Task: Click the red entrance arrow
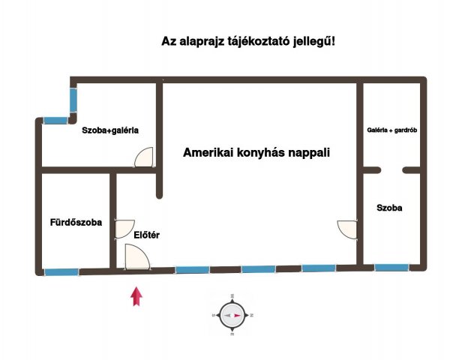[136, 296]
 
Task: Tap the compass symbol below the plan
[233, 315]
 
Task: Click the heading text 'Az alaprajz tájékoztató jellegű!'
[248, 41]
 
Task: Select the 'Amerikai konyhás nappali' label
[256, 151]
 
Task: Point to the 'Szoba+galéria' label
[109, 130]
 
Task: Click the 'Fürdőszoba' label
[76, 222]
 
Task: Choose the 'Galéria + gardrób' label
[391, 130]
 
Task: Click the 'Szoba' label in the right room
[389, 208]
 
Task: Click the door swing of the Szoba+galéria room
[145, 157]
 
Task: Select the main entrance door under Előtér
[136, 257]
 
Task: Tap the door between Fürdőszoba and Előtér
[124, 229]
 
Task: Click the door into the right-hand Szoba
[348, 230]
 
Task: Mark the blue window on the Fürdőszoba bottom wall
[61, 271]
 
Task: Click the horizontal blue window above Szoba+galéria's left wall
[54, 120]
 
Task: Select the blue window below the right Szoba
[391, 267]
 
